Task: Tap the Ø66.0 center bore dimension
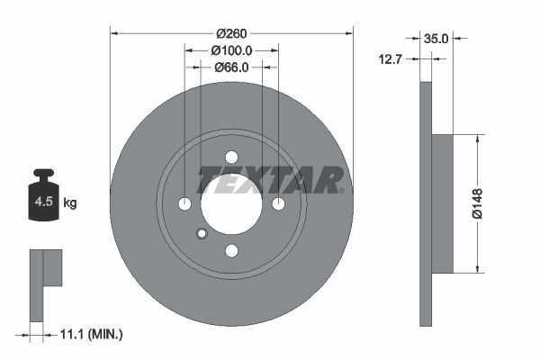click(x=230, y=67)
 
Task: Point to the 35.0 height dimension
click(x=436, y=39)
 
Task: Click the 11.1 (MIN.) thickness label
click(x=90, y=334)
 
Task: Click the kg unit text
click(x=70, y=203)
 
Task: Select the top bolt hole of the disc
click(x=230, y=157)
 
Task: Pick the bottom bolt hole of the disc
click(x=230, y=250)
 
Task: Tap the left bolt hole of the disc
click(x=184, y=203)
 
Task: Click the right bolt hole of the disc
click(x=277, y=203)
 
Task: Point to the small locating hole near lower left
click(x=202, y=235)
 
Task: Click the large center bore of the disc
click(x=230, y=203)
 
